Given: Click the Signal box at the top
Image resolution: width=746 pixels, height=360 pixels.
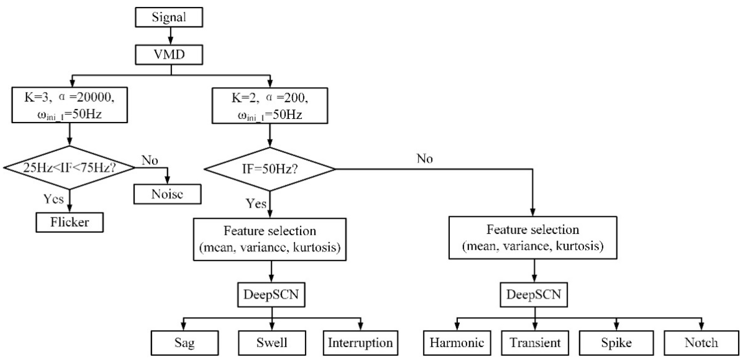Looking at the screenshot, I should pyautogui.click(x=169, y=17).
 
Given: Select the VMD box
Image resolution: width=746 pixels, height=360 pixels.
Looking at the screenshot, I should pyautogui.click(x=169, y=54).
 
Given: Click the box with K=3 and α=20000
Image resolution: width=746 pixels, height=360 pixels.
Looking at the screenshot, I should pyautogui.click(x=69, y=105).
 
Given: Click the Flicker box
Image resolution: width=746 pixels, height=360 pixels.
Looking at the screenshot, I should pyautogui.click(x=69, y=222).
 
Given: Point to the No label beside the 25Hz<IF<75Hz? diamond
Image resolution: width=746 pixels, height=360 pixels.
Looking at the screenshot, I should pyautogui.click(x=150, y=160).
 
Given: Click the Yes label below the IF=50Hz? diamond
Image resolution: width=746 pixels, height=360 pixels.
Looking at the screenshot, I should pyautogui.click(x=256, y=204).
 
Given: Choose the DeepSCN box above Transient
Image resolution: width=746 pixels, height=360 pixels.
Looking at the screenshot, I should pyautogui.click(x=534, y=294).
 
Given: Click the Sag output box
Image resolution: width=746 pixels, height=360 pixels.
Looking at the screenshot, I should pyautogui.click(x=184, y=343).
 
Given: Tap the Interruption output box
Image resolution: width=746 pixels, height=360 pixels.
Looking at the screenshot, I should pyautogui.click(x=360, y=343).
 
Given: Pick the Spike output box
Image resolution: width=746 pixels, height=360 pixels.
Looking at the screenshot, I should pyautogui.click(x=616, y=343).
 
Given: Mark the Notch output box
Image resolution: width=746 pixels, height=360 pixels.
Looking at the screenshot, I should pyautogui.click(x=701, y=343).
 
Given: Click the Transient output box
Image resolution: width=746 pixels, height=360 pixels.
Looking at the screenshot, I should pyautogui.click(x=535, y=343).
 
